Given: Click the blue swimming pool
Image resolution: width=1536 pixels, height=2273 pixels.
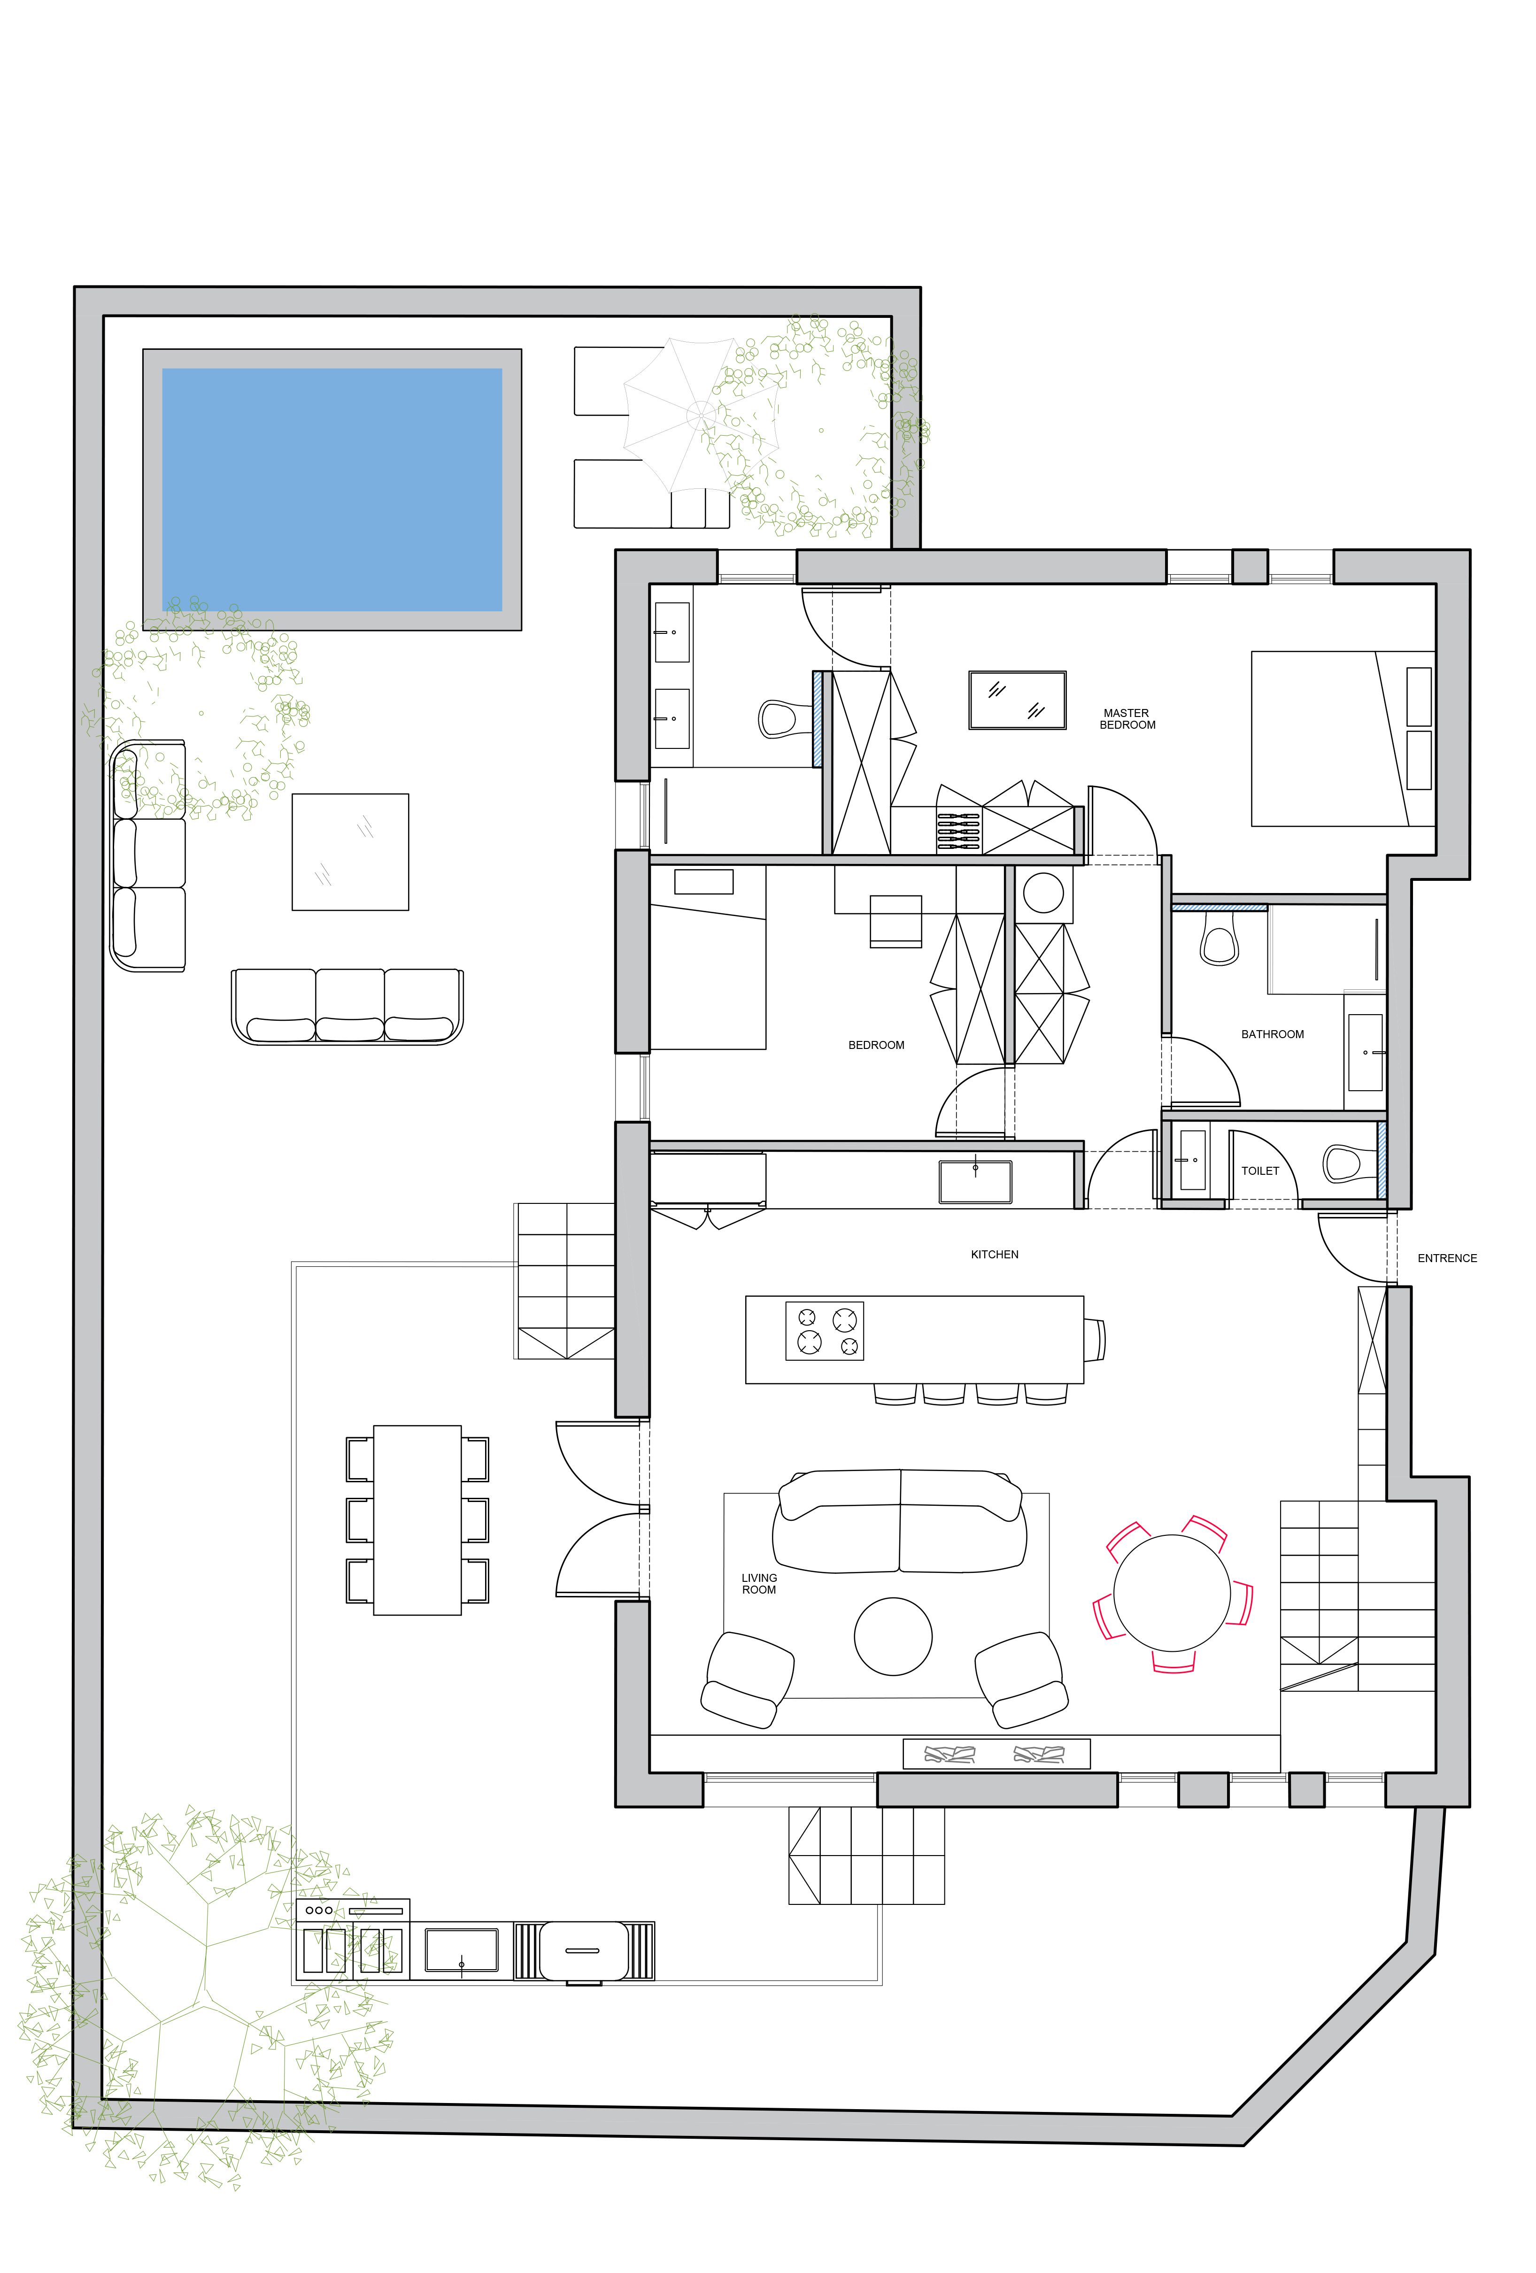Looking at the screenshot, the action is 332,489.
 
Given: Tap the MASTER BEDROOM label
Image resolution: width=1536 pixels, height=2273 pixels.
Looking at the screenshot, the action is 1127,719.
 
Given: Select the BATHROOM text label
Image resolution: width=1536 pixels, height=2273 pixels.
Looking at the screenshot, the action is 1272,1034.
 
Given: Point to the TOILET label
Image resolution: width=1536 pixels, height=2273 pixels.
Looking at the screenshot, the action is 1260,1171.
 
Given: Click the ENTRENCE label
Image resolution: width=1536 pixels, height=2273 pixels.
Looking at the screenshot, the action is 1447,1258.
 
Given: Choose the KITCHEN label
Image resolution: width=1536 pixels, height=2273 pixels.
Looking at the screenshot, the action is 994,1254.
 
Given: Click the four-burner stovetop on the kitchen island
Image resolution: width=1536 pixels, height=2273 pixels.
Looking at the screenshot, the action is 825,1331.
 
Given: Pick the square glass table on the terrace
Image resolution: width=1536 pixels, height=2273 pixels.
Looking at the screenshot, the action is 350,852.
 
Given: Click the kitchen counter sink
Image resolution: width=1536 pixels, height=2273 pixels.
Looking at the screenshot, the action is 975,1180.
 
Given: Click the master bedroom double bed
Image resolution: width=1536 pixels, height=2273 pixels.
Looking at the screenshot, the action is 1343,739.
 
